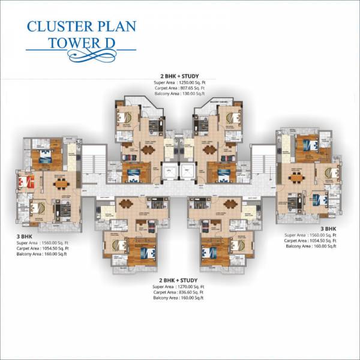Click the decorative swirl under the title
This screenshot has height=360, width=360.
point(81,56)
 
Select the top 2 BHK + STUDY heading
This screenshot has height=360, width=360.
point(179,76)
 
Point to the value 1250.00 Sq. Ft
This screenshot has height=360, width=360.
point(193,82)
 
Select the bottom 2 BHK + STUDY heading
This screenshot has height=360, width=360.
point(179,280)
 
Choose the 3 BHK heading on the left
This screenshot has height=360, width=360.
point(25,237)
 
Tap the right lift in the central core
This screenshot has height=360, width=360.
point(187,172)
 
